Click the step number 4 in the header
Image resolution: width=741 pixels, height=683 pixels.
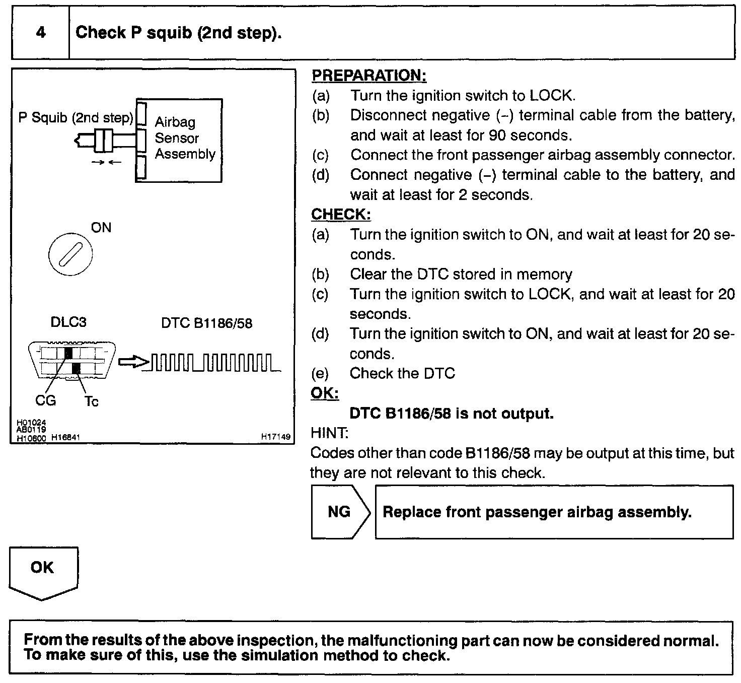coord(41,33)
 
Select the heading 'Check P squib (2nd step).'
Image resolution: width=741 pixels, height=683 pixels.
coord(178,33)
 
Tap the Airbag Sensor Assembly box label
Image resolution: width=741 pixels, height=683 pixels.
coord(184,138)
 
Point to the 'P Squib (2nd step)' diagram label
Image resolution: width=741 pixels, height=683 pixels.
coord(76,118)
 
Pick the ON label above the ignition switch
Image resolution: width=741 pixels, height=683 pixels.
coord(101,228)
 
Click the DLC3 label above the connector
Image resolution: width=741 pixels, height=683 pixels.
coord(68,322)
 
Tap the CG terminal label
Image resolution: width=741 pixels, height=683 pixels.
coord(46,401)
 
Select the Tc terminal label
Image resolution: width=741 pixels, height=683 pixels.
coord(91,401)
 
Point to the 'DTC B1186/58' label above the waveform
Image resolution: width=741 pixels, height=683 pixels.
coord(206,323)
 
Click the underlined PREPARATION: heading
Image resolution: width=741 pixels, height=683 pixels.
coord(369,76)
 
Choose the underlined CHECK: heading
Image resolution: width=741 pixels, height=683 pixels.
coord(341,215)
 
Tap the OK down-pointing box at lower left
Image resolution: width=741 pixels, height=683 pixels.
coord(43,572)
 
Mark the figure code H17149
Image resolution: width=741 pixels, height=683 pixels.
coord(275,437)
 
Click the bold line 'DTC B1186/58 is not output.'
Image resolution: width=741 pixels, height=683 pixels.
coord(452,414)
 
